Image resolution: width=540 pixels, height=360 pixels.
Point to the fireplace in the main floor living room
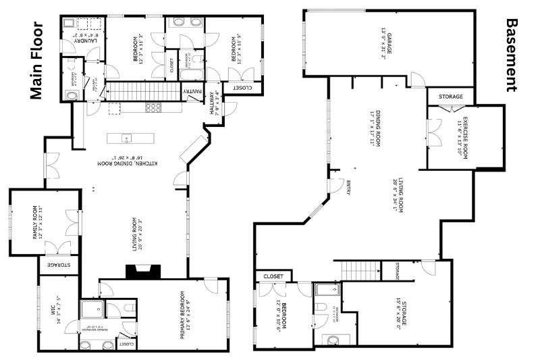(142, 271)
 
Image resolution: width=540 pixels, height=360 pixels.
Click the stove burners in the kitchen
(153, 107)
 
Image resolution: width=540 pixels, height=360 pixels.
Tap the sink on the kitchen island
(126, 138)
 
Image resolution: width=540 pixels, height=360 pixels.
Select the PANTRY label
(192, 91)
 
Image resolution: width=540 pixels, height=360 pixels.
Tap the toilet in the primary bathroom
(130, 309)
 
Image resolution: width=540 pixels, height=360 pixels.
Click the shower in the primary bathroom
(90, 309)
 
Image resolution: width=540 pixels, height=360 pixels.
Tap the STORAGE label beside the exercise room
(451, 97)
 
